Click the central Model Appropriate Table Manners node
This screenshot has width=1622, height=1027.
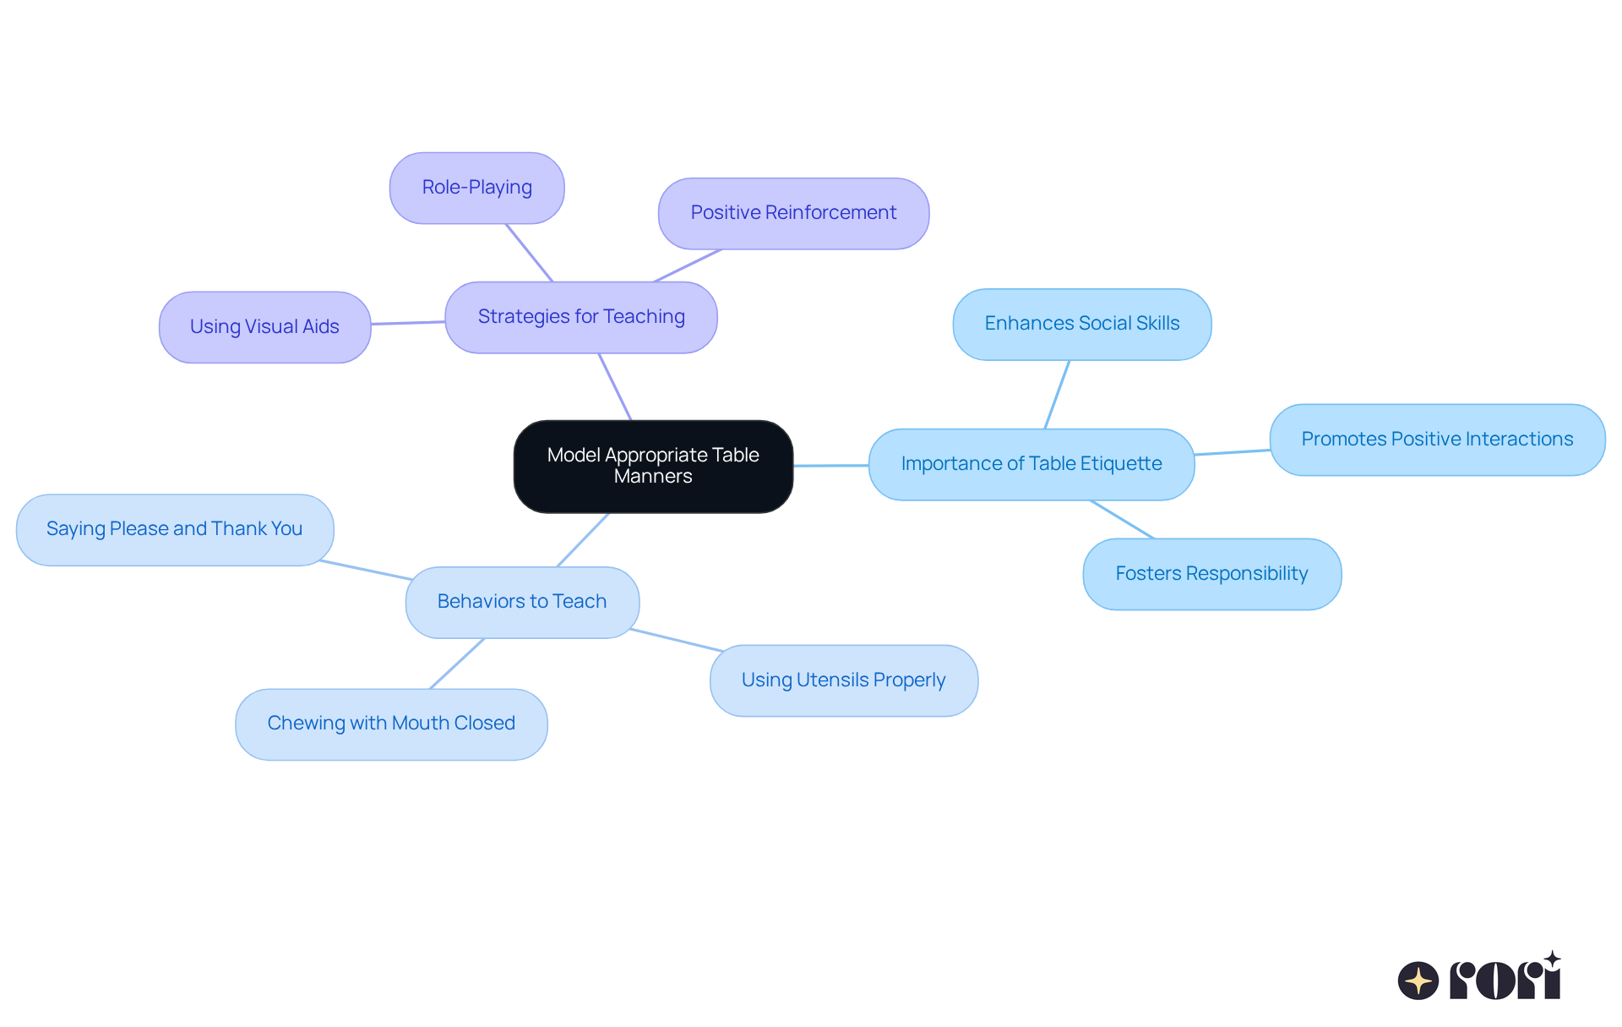click(653, 466)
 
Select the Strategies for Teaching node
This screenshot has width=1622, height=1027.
click(581, 317)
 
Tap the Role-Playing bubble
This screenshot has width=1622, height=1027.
click(477, 188)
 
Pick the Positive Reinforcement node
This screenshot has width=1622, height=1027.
click(793, 213)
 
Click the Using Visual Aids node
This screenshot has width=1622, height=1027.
click(264, 327)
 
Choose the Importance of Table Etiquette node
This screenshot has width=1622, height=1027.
click(1031, 464)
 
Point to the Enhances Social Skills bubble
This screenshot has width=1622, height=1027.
click(1082, 324)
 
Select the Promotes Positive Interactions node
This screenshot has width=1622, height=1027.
click(1437, 440)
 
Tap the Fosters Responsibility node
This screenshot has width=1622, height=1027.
click(1212, 574)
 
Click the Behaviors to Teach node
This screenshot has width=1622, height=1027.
click(522, 602)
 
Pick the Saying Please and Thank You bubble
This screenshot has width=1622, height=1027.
click(175, 529)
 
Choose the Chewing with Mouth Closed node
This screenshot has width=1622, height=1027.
click(391, 724)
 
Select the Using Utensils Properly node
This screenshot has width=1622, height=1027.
click(844, 680)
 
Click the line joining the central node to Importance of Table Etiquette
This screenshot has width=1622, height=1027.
click(831, 465)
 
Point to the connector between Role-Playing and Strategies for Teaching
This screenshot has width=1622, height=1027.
click(529, 253)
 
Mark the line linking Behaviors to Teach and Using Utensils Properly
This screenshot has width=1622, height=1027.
click(677, 640)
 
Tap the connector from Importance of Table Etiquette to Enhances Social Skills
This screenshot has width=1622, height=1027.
click(1057, 395)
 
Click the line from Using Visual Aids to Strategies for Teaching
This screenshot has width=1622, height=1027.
click(408, 323)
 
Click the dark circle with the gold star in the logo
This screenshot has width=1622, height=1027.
click(1418, 981)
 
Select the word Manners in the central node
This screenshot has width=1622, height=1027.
click(653, 477)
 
